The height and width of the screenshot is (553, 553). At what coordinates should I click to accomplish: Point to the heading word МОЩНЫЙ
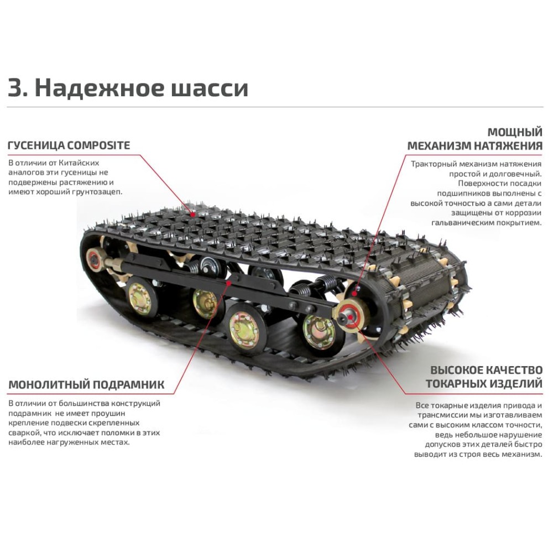(514, 133)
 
